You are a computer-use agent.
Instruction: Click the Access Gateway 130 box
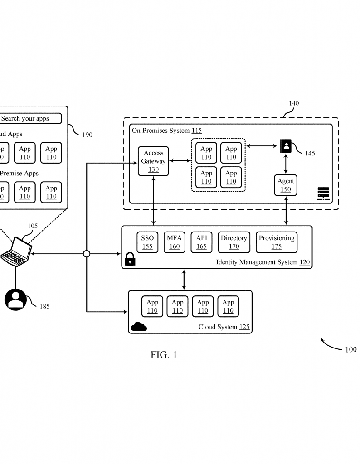click(153, 161)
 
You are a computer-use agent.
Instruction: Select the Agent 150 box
click(286, 185)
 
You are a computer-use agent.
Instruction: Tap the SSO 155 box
click(147, 242)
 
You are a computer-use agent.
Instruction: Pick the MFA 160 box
click(174, 242)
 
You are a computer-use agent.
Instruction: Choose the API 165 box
click(201, 242)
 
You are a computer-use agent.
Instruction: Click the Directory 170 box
click(234, 242)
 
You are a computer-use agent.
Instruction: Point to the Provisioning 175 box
click(277, 242)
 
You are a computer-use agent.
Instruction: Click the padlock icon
click(130, 259)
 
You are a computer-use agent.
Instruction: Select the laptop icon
click(16, 251)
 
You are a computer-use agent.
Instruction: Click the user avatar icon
click(16, 299)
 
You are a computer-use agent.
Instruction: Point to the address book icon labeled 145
click(286, 146)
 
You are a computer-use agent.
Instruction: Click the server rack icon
click(323, 193)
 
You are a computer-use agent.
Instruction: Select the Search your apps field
click(30, 119)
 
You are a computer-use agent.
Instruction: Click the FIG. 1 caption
click(164, 355)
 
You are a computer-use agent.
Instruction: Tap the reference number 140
click(294, 103)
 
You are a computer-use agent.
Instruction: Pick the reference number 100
click(350, 349)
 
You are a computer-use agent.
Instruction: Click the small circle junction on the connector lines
click(87, 254)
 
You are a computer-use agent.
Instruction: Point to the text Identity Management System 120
click(263, 262)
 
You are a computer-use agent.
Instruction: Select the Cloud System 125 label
click(224, 327)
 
